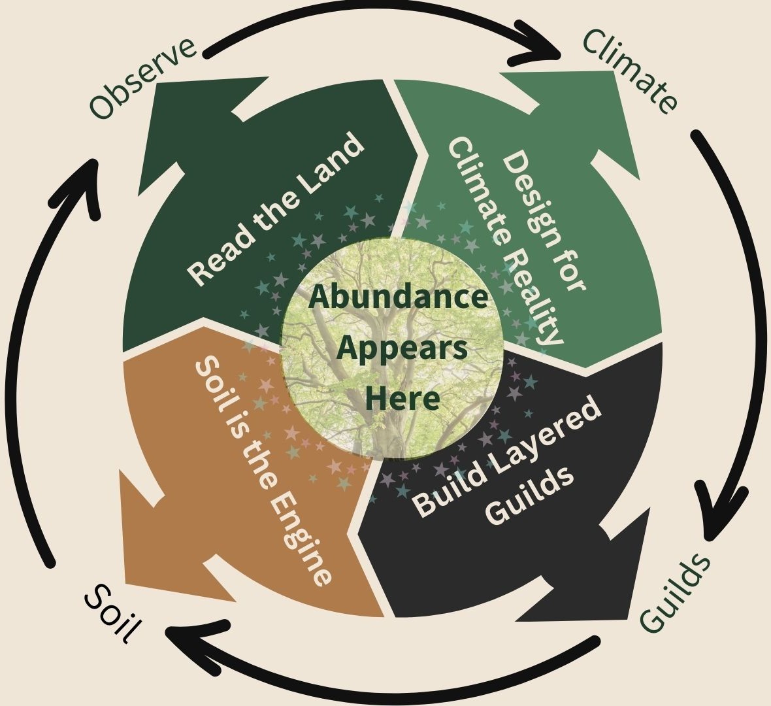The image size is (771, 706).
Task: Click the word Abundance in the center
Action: (x=398, y=297)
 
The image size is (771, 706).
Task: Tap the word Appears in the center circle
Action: (x=401, y=348)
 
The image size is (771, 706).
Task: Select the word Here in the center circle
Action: (x=401, y=397)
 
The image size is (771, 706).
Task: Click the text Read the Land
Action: (x=275, y=209)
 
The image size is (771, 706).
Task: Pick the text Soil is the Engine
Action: (x=265, y=470)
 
